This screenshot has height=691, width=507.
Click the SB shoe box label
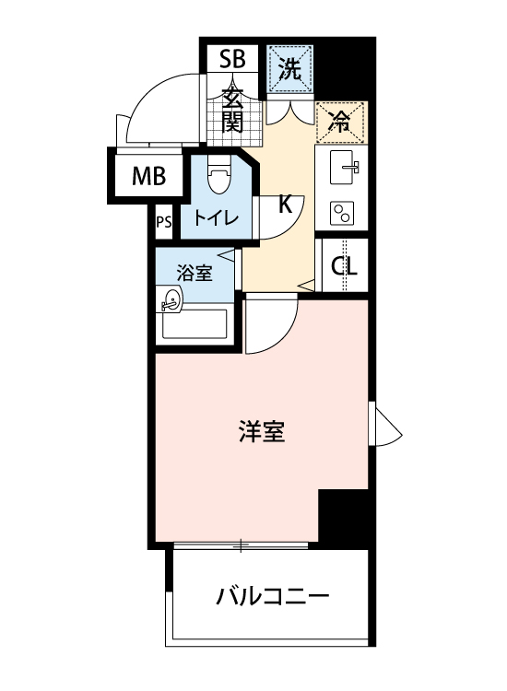click(x=232, y=61)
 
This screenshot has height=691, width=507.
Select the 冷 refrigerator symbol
click(x=341, y=123)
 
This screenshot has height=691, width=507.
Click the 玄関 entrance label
click(x=232, y=109)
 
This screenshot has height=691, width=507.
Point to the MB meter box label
click(x=147, y=176)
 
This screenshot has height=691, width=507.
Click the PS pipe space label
click(x=164, y=222)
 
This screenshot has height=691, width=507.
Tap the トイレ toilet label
click(x=217, y=218)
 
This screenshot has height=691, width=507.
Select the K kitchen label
click(x=285, y=205)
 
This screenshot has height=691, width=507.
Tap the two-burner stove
click(x=343, y=213)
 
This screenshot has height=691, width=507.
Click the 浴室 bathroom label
click(x=195, y=274)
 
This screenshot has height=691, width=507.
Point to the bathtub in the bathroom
click(x=195, y=323)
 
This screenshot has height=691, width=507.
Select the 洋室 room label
click(x=261, y=431)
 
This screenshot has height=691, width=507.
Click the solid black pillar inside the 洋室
click(x=343, y=516)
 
